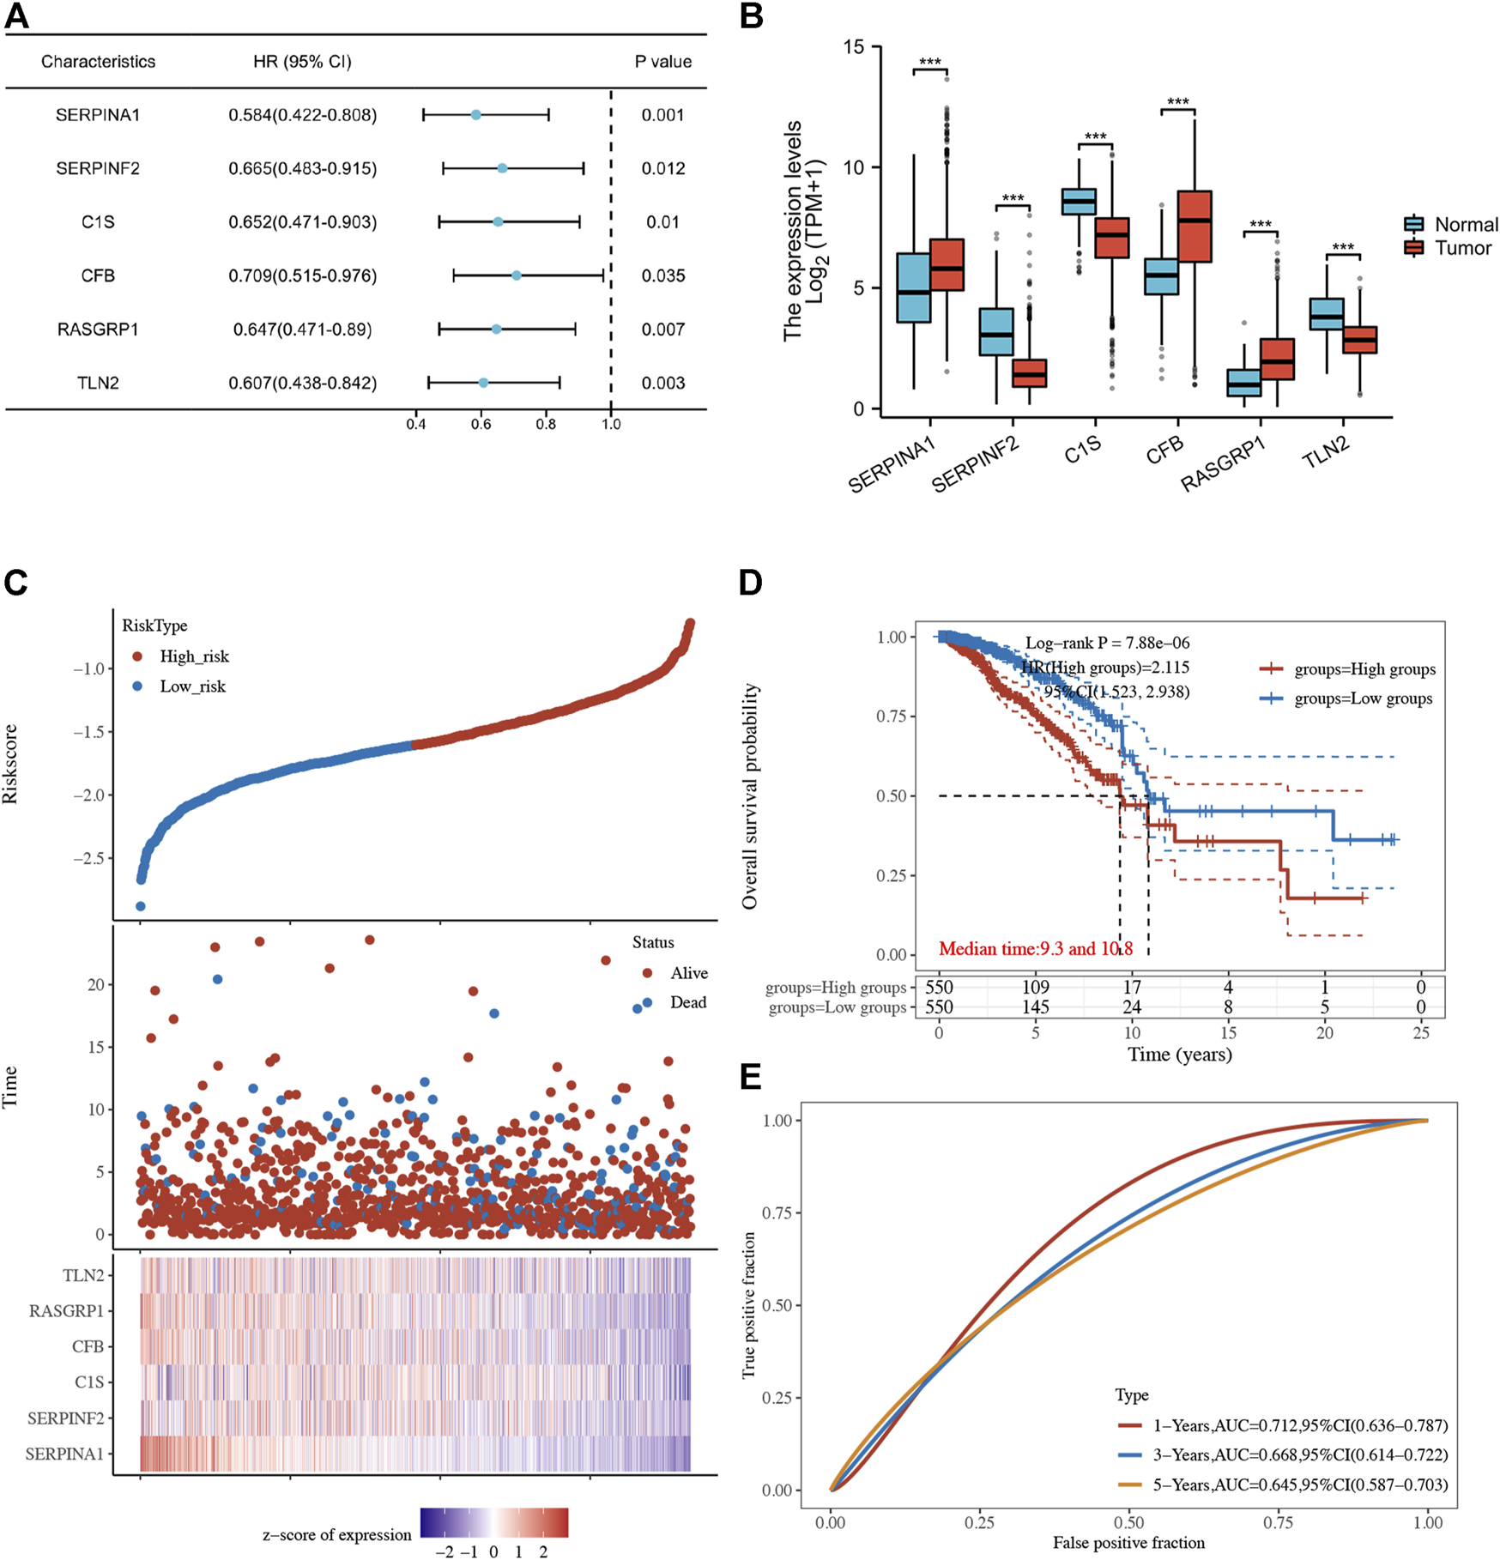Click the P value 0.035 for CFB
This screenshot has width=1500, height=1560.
click(662, 275)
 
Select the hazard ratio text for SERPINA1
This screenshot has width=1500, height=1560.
click(302, 115)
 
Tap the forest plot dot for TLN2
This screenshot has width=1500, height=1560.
click(483, 383)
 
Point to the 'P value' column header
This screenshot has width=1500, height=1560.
click(662, 62)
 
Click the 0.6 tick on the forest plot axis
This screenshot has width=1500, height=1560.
click(481, 424)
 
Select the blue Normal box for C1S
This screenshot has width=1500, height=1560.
click(1079, 201)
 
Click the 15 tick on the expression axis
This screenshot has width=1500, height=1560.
click(853, 46)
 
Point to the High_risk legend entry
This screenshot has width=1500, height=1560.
click(194, 656)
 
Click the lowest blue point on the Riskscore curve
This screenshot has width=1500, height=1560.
click(140, 906)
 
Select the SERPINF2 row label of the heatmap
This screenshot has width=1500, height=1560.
click(66, 1418)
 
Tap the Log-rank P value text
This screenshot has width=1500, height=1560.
click(1107, 643)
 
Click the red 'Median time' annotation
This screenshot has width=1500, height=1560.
click(1035, 948)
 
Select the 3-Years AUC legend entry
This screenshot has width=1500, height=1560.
click(1299, 1454)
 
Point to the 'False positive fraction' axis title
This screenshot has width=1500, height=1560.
click(1128, 1543)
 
